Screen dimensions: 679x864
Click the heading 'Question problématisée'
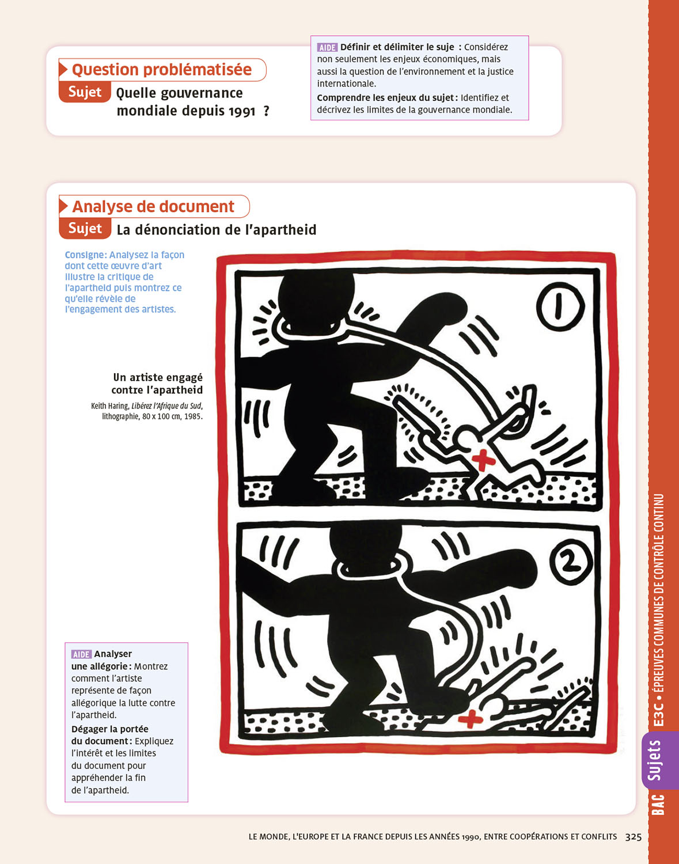coord(162,70)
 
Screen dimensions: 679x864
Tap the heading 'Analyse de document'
coord(153,206)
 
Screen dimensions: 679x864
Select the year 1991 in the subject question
coord(242,111)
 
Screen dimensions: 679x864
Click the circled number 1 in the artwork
coord(560,306)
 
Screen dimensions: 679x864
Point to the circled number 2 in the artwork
coord(570,563)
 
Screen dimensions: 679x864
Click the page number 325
coord(634,836)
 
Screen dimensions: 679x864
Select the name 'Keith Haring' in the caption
coord(109,406)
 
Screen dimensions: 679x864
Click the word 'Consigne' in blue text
coord(85,255)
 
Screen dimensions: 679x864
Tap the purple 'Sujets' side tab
coord(654,761)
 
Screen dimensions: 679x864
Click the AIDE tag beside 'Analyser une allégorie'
coord(82,654)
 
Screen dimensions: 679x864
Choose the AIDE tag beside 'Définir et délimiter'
coord(327,47)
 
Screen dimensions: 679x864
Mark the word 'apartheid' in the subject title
coord(285,230)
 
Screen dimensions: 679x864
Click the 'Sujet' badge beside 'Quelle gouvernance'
coord(85,92)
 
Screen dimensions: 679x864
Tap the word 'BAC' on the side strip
coord(658,804)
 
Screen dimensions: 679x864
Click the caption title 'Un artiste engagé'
coord(158,377)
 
